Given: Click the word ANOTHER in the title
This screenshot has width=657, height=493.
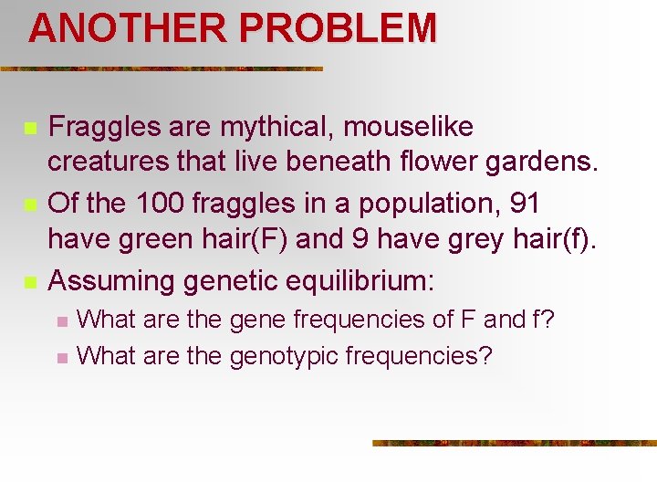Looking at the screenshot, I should pyautogui.click(x=128, y=29).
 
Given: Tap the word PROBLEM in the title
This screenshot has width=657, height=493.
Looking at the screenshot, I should pyautogui.click(x=338, y=29).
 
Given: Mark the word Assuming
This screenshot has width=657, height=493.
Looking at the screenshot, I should pyautogui.click(x=110, y=280).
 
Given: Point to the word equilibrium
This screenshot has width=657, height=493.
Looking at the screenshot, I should pyautogui.click(x=360, y=280).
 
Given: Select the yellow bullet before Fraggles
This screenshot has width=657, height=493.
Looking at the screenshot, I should pyautogui.click(x=30, y=128).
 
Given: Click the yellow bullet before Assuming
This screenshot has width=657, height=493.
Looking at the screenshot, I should pyautogui.click(x=30, y=281).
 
